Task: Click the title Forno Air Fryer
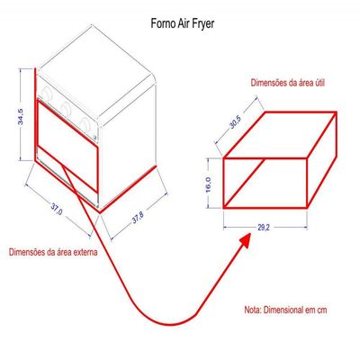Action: click(x=183, y=23)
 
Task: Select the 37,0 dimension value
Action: click(x=56, y=209)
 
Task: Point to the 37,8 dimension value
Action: click(x=138, y=218)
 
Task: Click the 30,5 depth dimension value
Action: click(x=236, y=122)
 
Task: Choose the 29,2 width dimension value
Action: click(x=263, y=228)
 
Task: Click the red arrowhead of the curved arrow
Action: click(x=245, y=240)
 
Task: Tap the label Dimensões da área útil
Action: click(x=287, y=83)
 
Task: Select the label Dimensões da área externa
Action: click(x=53, y=252)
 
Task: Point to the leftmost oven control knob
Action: click(x=47, y=94)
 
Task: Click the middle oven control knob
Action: click(x=66, y=107)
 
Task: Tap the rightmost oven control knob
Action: click(x=85, y=123)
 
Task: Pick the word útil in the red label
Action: click(x=319, y=83)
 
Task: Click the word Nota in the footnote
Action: click(x=253, y=310)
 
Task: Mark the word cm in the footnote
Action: click(x=321, y=310)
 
